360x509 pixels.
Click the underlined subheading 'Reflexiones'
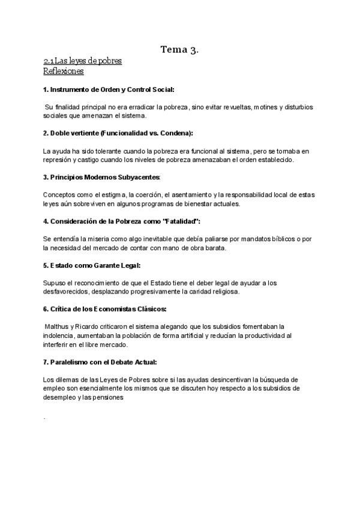[x=63, y=71]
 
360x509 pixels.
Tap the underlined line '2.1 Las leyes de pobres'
[x=82, y=61]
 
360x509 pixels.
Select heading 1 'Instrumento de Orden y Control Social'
[x=109, y=89]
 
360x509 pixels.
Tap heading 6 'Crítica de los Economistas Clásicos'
[x=105, y=309]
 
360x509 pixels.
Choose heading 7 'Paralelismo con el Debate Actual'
[x=100, y=362]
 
